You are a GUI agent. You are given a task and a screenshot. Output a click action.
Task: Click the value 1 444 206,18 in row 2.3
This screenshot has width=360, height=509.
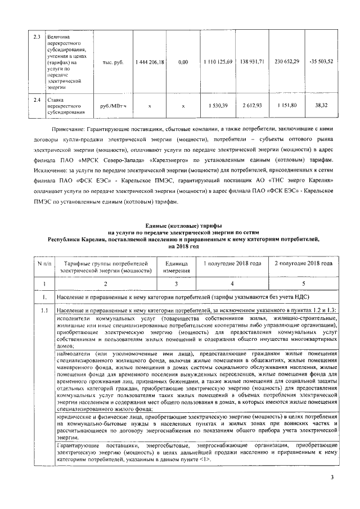[150, 61]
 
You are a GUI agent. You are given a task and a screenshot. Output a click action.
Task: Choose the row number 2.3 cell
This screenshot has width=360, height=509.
[37, 38]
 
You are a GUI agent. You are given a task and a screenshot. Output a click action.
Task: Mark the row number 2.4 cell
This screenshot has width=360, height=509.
[37, 100]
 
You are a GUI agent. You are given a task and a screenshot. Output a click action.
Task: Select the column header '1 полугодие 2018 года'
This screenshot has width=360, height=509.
[232, 263]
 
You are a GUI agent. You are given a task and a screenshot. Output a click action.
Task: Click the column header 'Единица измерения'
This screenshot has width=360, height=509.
[175, 267]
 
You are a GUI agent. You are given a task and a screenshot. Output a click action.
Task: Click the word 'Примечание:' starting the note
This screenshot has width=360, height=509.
[67, 129]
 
